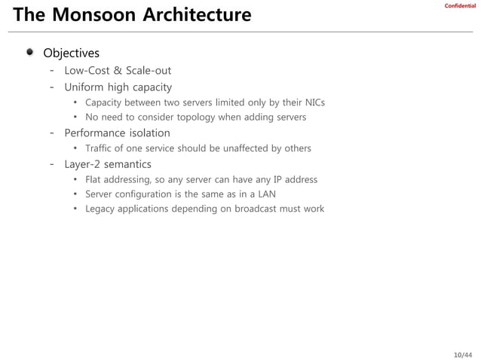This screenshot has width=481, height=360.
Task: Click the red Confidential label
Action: [x=460, y=6]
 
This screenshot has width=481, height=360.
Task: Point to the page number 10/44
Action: [x=463, y=354]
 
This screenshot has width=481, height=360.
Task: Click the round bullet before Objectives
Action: [x=29, y=52]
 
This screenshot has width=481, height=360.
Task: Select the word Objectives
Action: [x=71, y=53]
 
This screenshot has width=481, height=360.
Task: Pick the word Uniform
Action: [x=85, y=87]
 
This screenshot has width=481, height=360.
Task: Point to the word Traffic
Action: [x=99, y=148]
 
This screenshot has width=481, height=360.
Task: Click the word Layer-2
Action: [x=83, y=164]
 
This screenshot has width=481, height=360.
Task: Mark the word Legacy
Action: [x=101, y=209]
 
